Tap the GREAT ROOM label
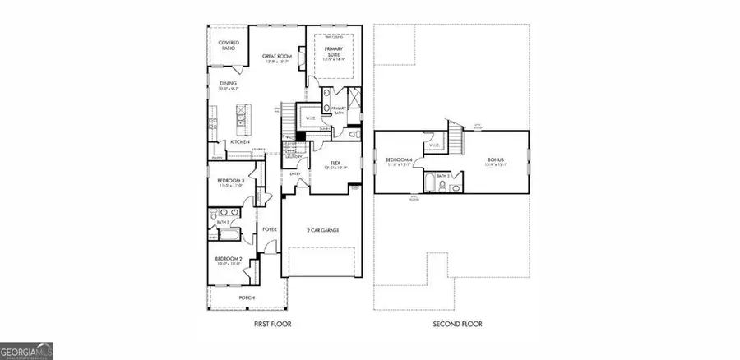277,57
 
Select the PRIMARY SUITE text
334,52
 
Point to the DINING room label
228,83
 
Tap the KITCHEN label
239,142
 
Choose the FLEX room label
335,164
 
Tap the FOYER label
269,229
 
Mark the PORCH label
247,297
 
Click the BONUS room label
494,159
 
